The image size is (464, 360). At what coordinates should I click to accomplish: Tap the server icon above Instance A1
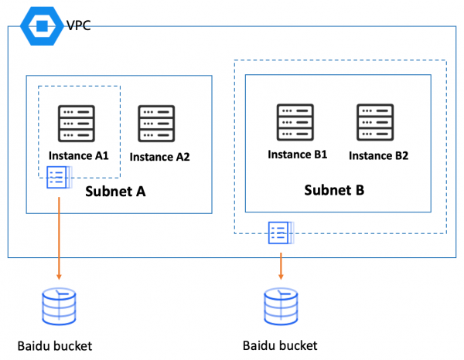tap(77, 121)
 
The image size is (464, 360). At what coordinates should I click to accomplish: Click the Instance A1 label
tap(78, 155)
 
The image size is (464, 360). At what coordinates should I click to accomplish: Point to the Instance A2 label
tap(159, 156)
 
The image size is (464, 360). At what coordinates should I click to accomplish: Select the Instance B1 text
tap(298, 154)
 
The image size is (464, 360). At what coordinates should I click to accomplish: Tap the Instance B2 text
tap(378, 155)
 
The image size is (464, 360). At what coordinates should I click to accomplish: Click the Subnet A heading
tap(116, 191)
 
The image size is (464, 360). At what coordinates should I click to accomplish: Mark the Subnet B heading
tap(334, 189)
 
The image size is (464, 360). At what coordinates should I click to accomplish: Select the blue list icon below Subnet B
tap(279, 231)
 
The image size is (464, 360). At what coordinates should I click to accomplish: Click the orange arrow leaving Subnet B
tap(280, 263)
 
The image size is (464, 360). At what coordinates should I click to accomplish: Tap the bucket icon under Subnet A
tap(59, 307)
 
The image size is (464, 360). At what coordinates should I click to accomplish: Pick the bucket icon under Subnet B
tap(280, 307)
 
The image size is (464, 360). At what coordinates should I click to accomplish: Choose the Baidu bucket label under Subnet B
tap(280, 345)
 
